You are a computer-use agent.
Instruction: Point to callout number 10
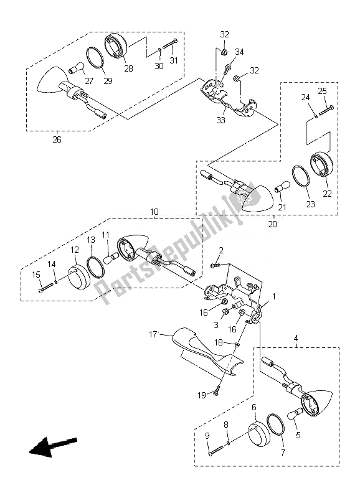pos(154,212)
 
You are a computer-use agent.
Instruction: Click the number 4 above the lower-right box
pos(296,339)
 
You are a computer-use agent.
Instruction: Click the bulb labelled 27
pos(78,68)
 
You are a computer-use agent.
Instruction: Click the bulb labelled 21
pos(281,186)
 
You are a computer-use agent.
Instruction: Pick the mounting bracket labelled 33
pos(227,99)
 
